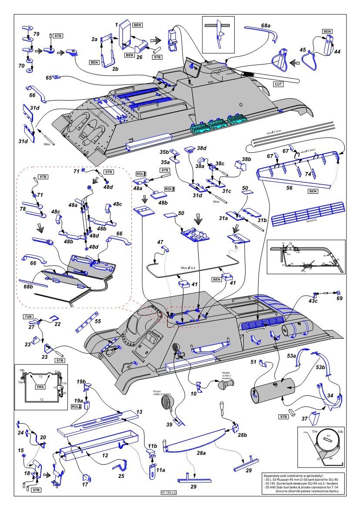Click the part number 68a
[266, 26]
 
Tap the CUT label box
[279, 84]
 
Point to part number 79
[37, 34]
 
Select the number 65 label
[49, 78]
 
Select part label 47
[160, 242]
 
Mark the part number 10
[194, 394]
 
